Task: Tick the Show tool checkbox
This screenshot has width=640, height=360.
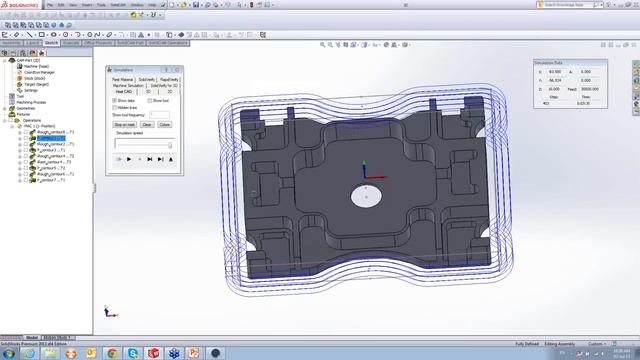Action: pos(150,101)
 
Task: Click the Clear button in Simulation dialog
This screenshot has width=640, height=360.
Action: pos(147,124)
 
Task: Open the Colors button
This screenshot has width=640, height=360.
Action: pos(164,124)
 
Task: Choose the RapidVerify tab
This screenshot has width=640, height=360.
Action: pos(169,78)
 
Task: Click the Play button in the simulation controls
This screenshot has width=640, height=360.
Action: pos(129,158)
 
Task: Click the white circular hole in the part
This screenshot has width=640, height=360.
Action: pos(366,197)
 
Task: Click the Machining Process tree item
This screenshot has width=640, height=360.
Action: pos(31,102)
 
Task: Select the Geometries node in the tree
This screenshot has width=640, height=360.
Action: pos(27,108)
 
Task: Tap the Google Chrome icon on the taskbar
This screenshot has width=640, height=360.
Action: pos(109,353)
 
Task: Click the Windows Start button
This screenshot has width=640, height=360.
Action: pos(9,353)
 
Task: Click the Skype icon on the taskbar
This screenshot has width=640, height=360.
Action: pos(132,353)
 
